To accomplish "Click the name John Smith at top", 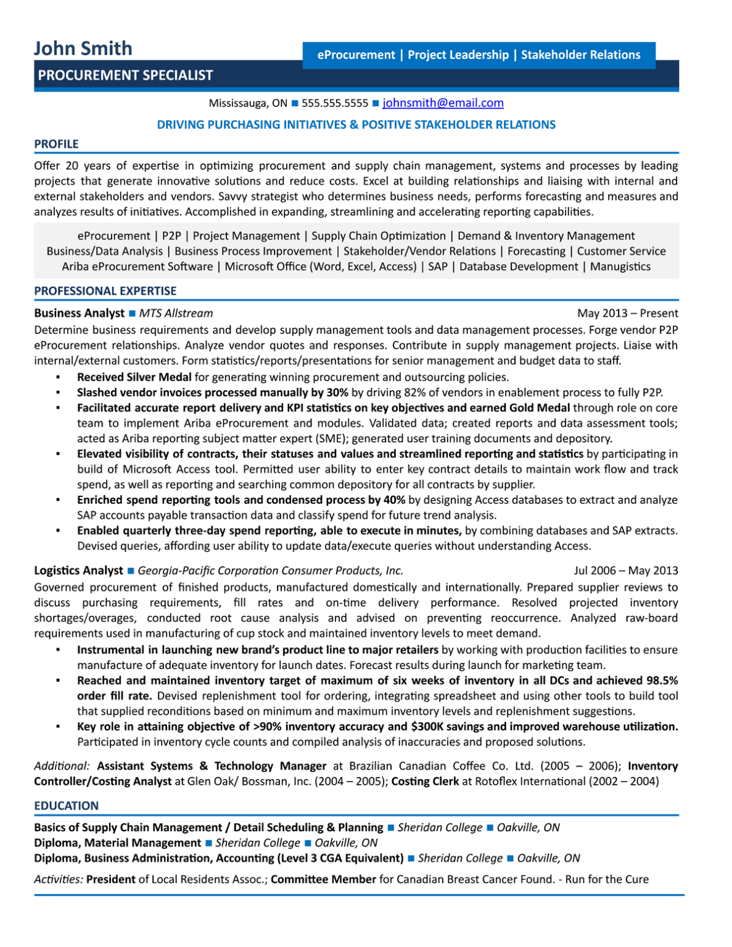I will [x=83, y=48].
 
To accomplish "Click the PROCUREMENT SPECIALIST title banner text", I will [x=125, y=75].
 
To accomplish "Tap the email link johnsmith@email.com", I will [x=443, y=103].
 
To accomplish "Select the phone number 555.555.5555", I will [x=334, y=103].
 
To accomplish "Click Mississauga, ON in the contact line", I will [x=248, y=103].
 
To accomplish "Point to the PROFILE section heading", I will [x=56, y=144].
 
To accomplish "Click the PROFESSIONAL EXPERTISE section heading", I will [x=105, y=291].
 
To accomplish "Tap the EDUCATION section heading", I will [x=66, y=806].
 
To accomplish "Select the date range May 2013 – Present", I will [x=627, y=313].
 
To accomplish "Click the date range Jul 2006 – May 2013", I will [x=625, y=570].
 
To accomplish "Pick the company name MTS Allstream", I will [x=176, y=313].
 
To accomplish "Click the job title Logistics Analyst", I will [x=78, y=570].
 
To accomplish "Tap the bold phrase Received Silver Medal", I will [x=134, y=377].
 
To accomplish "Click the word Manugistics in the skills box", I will [x=620, y=266].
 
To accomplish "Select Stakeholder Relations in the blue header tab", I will [x=580, y=55].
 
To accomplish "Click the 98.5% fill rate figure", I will [x=661, y=681].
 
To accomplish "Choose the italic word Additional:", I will [x=62, y=766].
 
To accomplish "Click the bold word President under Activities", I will [x=110, y=879].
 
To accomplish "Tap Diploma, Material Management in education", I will [x=117, y=843].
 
